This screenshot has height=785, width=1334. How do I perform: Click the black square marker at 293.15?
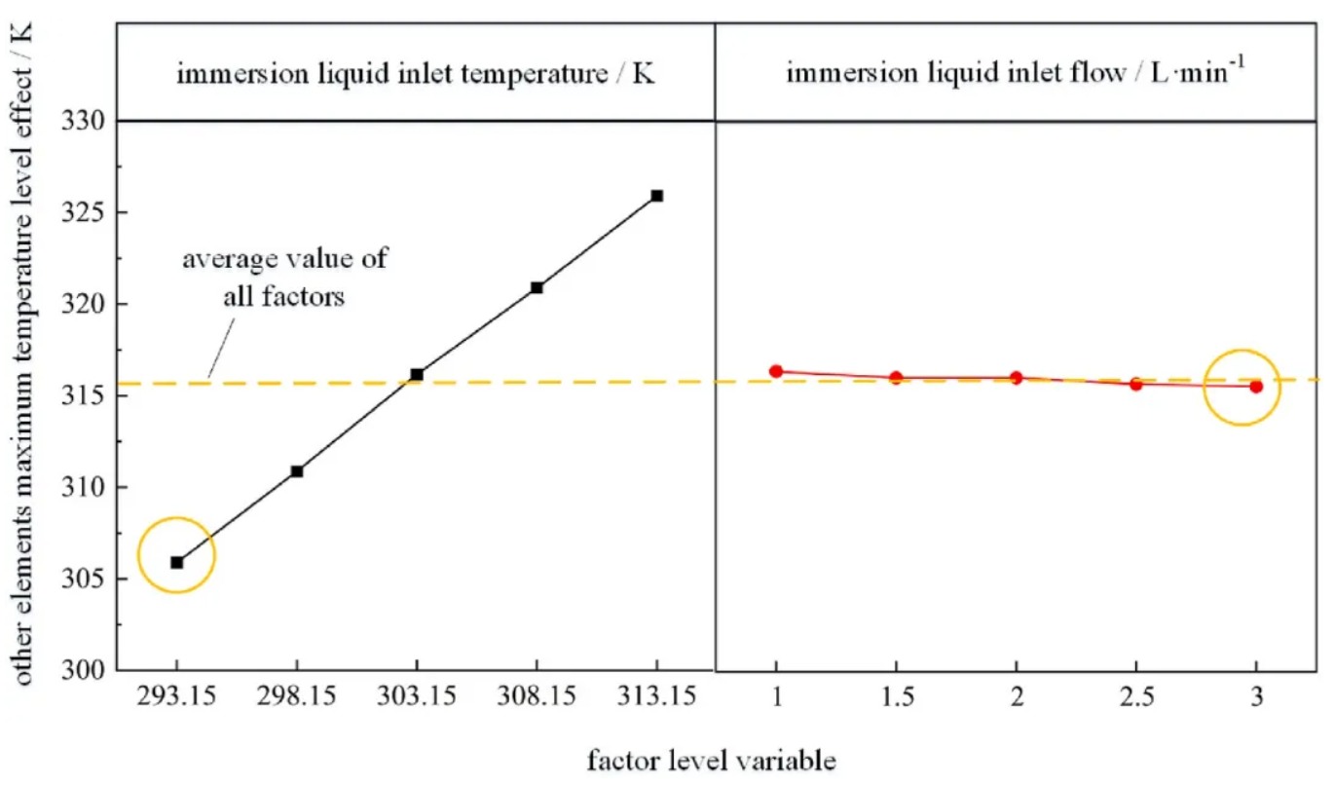click(176, 562)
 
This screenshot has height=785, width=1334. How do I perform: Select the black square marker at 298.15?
click(297, 471)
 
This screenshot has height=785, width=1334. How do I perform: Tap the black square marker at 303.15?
click(417, 374)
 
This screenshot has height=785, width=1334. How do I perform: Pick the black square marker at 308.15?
click(537, 287)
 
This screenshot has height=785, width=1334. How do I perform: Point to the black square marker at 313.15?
click(657, 196)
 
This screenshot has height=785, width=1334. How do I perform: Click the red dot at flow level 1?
click(776, 371)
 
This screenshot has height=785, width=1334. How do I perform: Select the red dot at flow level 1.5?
click(896, 377)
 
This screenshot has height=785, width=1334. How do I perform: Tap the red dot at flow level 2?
click(1016, 377)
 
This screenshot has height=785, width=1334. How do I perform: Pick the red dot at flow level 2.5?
click(1135, 384)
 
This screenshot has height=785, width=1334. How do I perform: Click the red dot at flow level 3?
click(1256, 387)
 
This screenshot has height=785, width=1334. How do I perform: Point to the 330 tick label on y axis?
click(86, 122)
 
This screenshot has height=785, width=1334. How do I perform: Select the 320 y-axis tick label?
click(86, 305)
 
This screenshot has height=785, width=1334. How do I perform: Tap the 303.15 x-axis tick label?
click(417, 698)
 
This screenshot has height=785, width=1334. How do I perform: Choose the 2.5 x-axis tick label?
click(1135, 698)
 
